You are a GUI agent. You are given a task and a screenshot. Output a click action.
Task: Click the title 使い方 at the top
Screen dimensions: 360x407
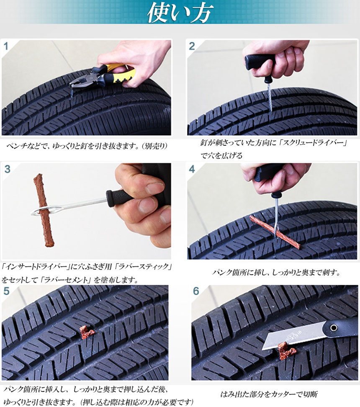pos(180,12)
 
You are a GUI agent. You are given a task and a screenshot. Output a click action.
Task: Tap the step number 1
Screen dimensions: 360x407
pos(6,46)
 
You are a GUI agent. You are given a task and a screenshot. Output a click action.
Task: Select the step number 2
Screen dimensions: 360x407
pos(192,46)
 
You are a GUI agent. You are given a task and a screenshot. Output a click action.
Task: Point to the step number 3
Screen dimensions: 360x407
pos(7,169)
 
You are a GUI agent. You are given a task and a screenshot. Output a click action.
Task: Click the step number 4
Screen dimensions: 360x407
pos(192,169)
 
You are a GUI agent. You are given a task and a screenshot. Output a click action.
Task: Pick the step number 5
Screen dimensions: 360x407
pos(7,291)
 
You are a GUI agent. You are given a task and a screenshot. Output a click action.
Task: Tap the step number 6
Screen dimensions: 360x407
pos(196,291)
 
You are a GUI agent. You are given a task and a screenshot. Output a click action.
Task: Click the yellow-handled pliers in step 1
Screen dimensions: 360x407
pos(104,75)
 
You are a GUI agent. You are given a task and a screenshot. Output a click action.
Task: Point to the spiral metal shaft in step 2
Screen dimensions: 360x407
pos(269,99)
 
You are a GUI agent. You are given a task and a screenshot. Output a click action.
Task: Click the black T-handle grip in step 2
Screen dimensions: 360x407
pos(260,62)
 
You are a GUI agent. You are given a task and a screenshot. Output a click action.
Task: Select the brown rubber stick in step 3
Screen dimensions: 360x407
pos(44,210)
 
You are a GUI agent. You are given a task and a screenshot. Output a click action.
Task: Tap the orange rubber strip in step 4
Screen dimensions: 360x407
pos(275,232)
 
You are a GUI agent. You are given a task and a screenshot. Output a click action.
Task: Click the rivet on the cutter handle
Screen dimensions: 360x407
pos(334,328)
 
